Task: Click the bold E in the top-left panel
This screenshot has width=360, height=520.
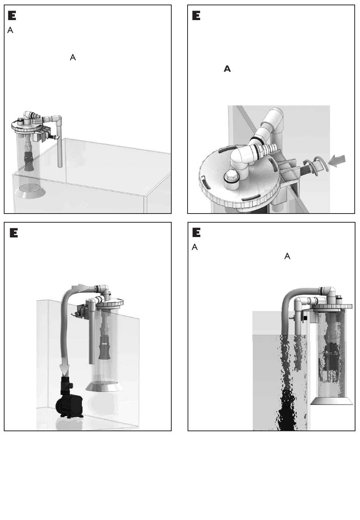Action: (12, 16)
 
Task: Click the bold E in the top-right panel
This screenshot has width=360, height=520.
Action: (196, 16)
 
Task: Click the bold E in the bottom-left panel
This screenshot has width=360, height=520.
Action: (14, 233)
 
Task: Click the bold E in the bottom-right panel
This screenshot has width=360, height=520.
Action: (196, 233)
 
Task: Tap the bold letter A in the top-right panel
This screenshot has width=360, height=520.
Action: (227, 69)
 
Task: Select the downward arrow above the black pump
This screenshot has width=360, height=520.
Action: (64, 369)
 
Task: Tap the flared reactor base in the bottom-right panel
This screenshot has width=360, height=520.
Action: (332, 401)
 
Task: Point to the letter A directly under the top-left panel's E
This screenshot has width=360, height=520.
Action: (10, 30)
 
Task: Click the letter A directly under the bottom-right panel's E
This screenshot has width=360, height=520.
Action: (195, 247)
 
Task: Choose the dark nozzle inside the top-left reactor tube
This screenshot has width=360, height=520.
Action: (29, 161)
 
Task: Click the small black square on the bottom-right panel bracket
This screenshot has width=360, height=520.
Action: (305, 318)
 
